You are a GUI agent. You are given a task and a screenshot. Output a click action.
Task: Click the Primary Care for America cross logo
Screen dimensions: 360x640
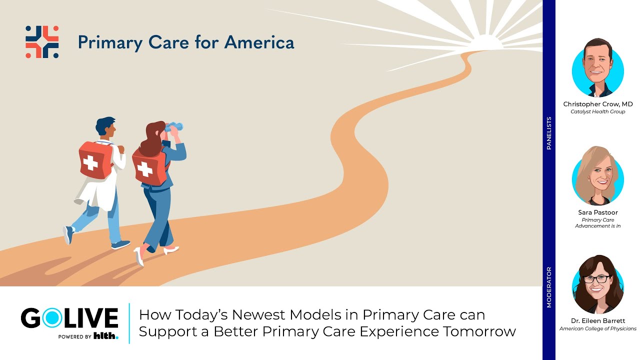tap(42, 42)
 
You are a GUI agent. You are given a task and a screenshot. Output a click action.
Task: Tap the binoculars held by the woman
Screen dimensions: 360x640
tap(174, 127)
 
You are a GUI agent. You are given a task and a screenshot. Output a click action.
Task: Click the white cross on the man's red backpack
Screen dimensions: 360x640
tap(90, 162)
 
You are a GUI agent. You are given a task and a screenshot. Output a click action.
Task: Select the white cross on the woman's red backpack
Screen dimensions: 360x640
tap(145, 170)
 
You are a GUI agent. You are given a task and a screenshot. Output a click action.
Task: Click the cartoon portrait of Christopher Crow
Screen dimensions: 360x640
tap(598, 68)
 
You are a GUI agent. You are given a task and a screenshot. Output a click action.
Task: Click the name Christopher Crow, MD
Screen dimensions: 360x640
tap(598, 104)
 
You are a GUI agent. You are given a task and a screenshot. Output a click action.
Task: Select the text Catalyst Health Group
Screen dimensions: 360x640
tap(598, 111)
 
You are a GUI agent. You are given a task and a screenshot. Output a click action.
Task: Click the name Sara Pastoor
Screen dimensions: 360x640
tap(598, 212)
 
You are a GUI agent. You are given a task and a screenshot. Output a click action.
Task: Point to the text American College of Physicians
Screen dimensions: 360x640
tap(598, 328)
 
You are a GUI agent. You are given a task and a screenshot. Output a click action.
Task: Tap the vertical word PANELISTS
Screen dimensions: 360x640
tap(549, 133)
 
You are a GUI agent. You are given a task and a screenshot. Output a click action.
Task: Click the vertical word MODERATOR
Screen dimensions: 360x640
tap(549, 287)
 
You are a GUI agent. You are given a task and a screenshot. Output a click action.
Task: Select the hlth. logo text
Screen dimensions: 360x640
tap(106, 336)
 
